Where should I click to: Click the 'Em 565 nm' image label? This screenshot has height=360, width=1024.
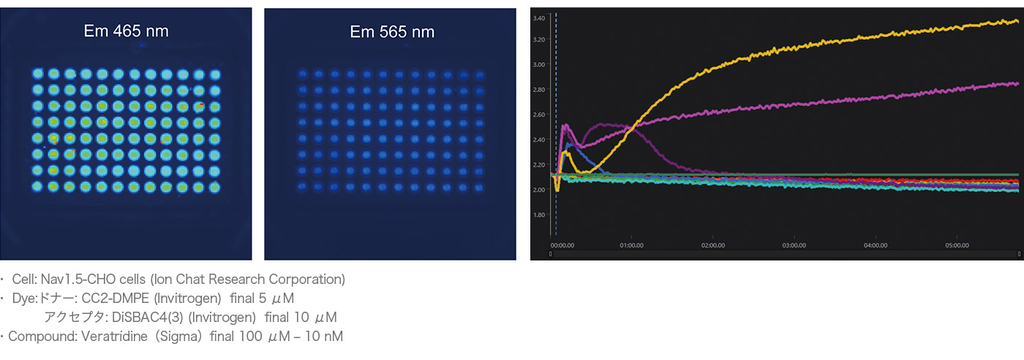[392, 31]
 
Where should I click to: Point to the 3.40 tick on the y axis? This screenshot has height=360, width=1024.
[539, 18]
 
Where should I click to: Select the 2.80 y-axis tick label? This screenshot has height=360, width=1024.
[539, 89]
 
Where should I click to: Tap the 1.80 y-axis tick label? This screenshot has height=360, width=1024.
[539, 215]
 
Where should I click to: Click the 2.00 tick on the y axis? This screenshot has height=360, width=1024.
[539, 190]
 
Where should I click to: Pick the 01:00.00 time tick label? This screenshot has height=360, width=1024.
[632, 245]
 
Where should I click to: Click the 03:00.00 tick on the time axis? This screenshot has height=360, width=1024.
[794, 245]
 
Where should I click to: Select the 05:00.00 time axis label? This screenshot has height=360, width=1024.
[957, 245]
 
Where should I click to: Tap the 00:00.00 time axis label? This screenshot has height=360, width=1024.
[562, 245]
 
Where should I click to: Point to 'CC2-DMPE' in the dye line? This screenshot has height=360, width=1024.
[111, 298]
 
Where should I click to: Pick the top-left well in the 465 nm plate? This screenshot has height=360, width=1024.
[38, 74]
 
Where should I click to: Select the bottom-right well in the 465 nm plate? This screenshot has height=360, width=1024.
[214, 187]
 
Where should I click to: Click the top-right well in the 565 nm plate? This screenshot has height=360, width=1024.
[479, 75]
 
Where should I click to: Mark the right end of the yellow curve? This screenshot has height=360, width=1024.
[1017, 21]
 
